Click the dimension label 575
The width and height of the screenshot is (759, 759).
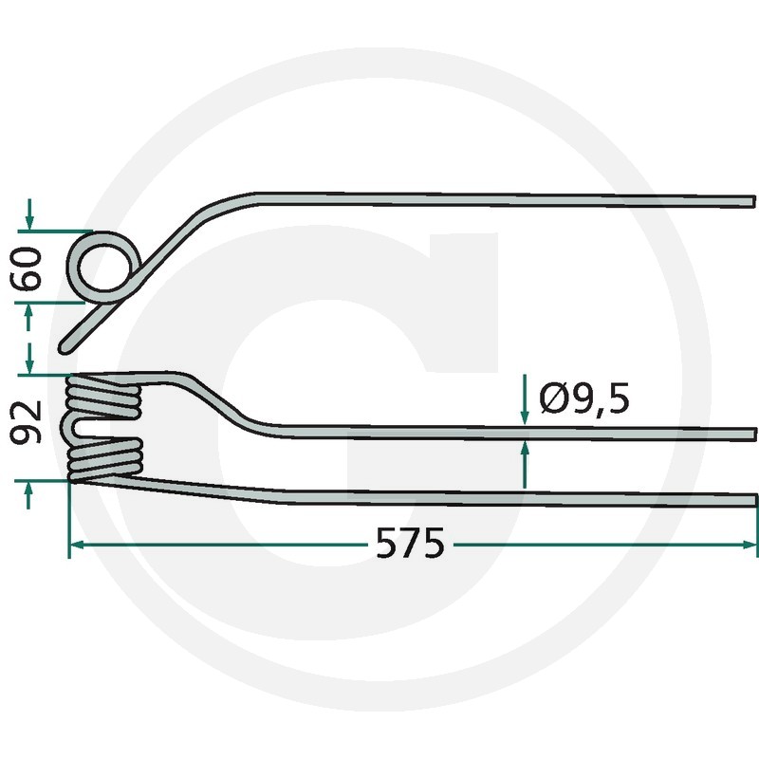(410, 543)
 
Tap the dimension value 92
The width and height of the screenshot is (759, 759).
(27, 422)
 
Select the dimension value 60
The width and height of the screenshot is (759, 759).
(27, 268)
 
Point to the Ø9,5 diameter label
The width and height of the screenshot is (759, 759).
(584, 398)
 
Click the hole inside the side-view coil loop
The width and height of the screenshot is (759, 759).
(104, 268)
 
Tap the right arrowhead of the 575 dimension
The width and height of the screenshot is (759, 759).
(750, 545)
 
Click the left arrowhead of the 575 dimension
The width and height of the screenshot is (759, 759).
(78, 545)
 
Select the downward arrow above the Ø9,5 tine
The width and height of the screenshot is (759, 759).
(525, 399)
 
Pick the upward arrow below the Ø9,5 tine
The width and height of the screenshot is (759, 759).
(525, 465)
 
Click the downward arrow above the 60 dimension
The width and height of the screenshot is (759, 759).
(29, 214)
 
